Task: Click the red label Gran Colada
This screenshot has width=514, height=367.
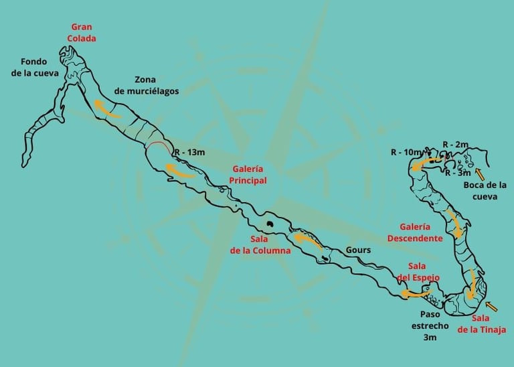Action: click(82, 33)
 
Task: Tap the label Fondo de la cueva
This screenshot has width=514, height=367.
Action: click(35, 66)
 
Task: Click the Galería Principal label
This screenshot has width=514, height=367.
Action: click(248, 174)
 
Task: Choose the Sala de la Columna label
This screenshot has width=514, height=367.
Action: click(260, 245)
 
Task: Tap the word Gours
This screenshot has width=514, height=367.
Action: click(359, 250)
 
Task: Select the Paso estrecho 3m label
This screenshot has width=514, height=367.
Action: click(434, 325)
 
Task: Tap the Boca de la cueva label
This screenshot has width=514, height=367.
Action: click(485, 191)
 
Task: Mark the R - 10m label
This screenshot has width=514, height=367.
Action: click(406, 152)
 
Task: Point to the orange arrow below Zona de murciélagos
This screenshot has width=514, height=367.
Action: click(106, 109)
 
